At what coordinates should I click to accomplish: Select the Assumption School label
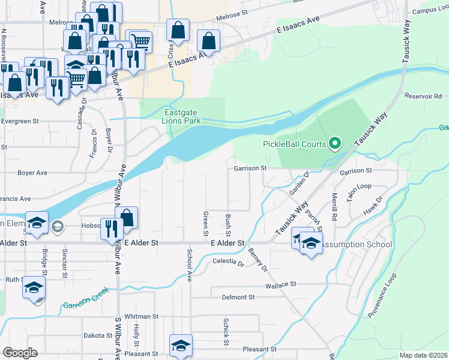pyautogui.click(x=357, y=245)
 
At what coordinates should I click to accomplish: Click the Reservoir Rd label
pyautogui.click(x=423, y=96)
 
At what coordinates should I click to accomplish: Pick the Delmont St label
pyautogui.click(x=238, y=297)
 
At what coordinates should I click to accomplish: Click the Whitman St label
pyautogui.click(x=141, y=316)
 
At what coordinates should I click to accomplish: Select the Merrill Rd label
pyautogui.click(x=334, y=204)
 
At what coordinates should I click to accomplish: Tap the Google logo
pyautogui.click(x=20, y=353)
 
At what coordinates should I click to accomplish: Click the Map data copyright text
pyautogui.click(x=423, y=355)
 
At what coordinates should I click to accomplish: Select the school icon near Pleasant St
pyautogui.click(x=181, y=345)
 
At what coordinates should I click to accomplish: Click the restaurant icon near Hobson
pyautogui.click(x=112, y=229)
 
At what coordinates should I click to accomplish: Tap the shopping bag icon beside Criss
pyautogui.click(x=178, y=29)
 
